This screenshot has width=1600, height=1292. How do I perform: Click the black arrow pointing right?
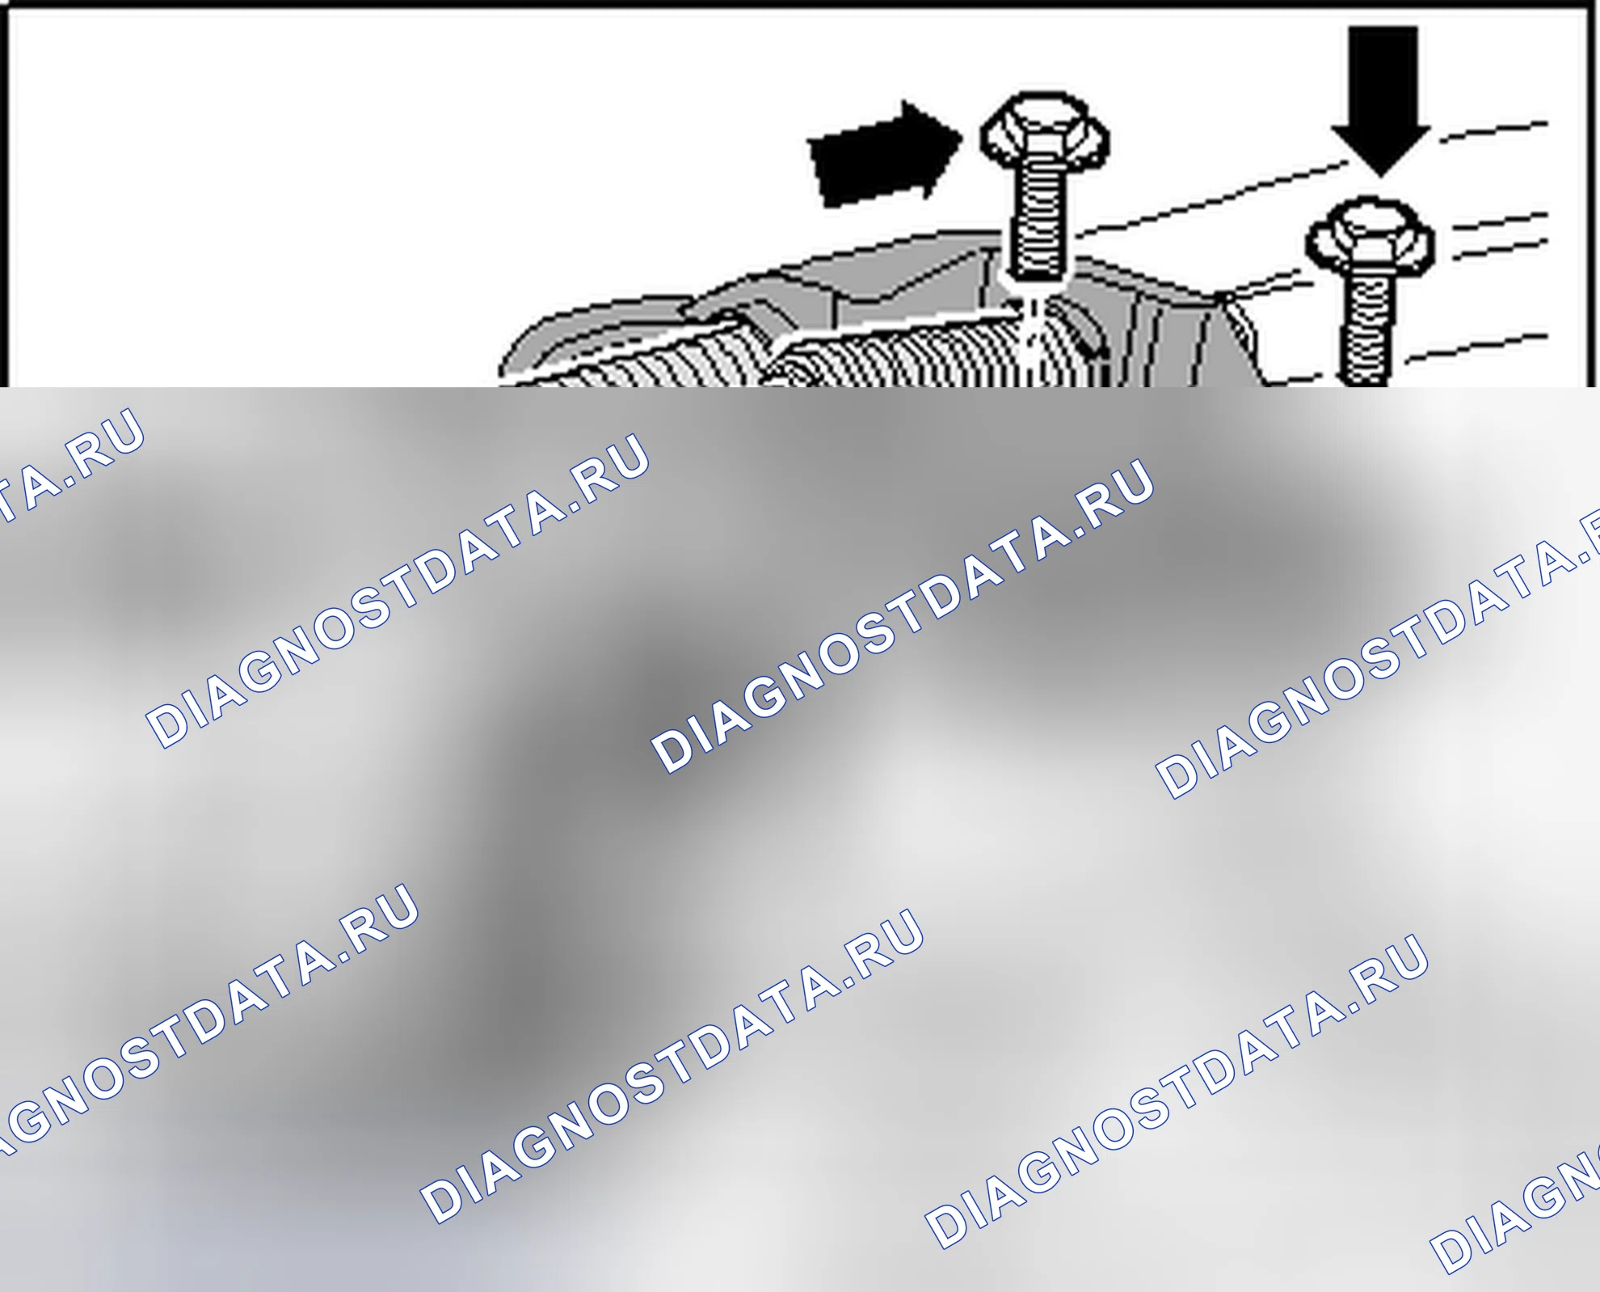[x=885, y=154]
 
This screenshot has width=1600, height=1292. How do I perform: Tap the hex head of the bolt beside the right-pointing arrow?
[x=1044, y=134]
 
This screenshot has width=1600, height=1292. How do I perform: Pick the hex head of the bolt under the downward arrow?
[x=1371, y=235]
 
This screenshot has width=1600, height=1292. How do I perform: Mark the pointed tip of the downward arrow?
[x=1381, y=176]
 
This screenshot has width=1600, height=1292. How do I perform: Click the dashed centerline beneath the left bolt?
[x=1032, y=340]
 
